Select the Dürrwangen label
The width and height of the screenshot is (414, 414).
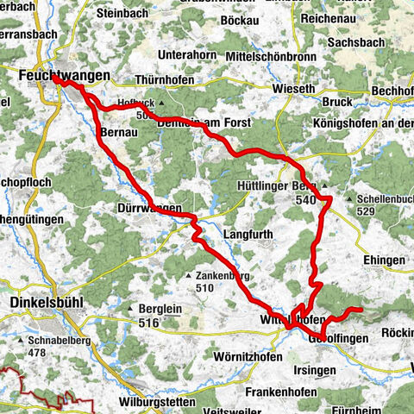point(148,209)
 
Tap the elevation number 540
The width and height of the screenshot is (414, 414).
point(304,199)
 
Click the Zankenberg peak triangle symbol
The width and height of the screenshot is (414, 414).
point(187,276)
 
